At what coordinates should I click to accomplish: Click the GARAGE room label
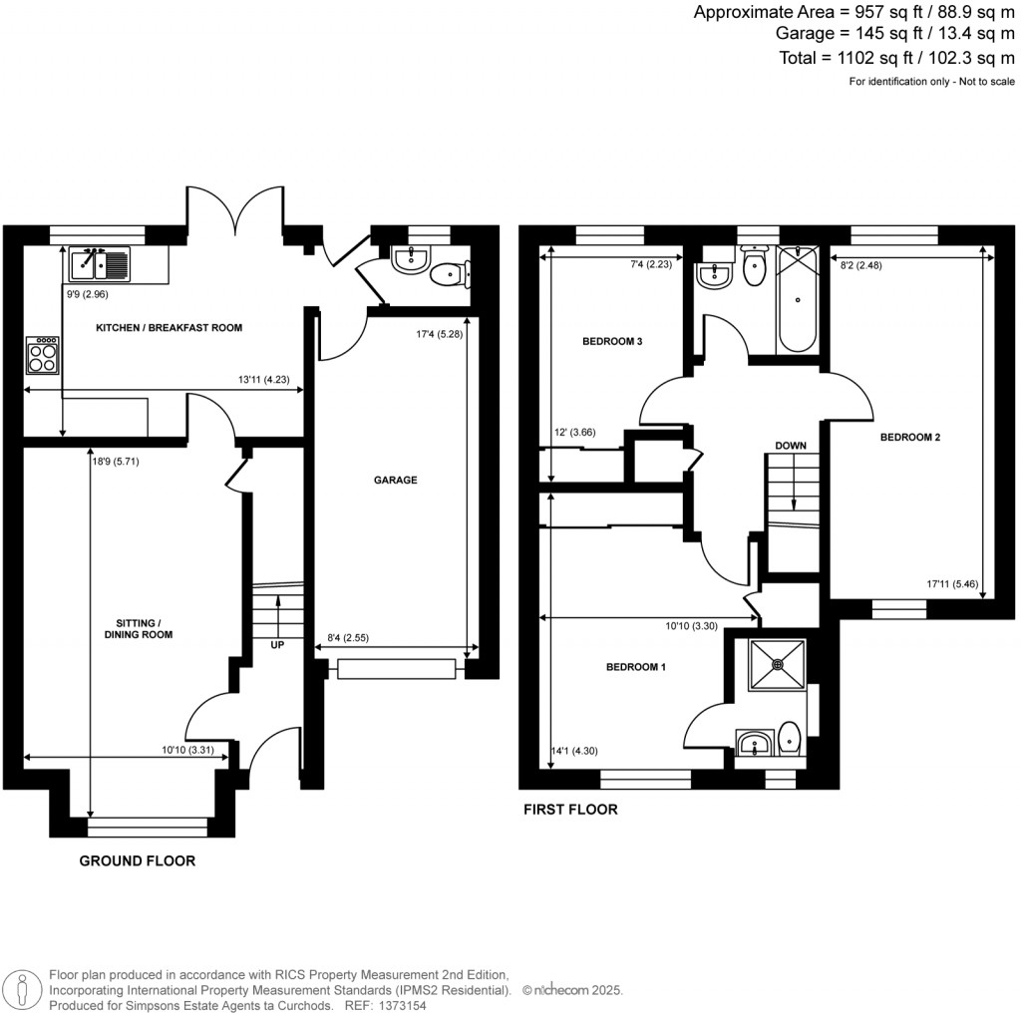[x=395, y=480]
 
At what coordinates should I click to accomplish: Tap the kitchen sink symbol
[x=99, y=264]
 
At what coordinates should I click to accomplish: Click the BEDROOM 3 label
[x=611, y=342]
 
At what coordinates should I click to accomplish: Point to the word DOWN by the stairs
[x=790, y=446]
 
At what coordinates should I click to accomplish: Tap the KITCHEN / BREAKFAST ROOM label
[x=169, y=327]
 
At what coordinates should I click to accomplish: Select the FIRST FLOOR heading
[x=570, y=810]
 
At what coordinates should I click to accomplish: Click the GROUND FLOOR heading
[x=137, y=860]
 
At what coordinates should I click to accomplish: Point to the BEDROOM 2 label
[x=909, y=437]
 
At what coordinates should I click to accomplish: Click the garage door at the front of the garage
[x=396, y=668]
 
